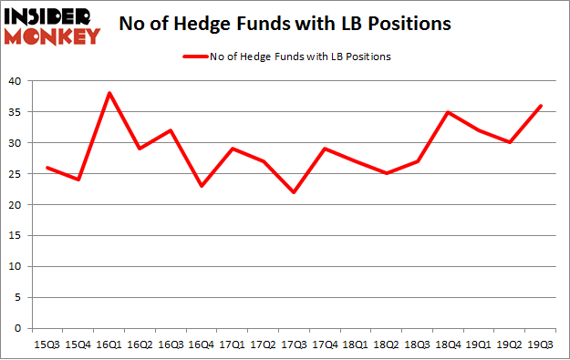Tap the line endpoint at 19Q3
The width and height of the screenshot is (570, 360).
click(x=541, y=106)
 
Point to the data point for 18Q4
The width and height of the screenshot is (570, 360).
click(x=449, y=112)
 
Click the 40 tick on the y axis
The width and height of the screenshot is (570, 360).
click(x=15, y=81)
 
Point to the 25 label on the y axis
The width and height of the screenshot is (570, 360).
click(x=15, y=174)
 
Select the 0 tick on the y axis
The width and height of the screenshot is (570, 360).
click(x=18, y=329)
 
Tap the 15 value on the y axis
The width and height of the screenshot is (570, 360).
click(x=15, y=236)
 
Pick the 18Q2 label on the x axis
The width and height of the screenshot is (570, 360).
click(x=388, y=345)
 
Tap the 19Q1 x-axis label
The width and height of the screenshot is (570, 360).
click(x=480, y=345)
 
